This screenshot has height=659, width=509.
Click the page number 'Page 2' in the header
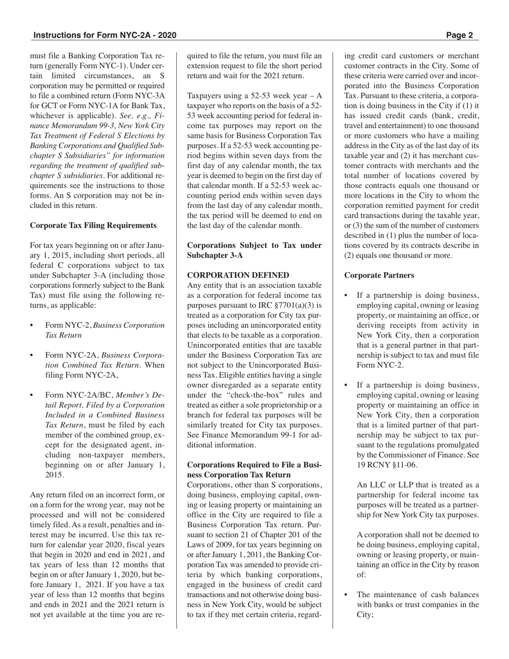pos(459,36)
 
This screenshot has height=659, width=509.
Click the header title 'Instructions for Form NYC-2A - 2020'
pos(104,36)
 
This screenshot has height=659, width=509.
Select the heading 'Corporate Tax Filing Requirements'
pos(93,225)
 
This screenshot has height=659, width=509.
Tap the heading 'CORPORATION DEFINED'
pos(238,275)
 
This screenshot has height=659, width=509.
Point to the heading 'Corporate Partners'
pos(379,275)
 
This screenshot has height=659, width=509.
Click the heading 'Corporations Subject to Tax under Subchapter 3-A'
pos(254,250)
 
